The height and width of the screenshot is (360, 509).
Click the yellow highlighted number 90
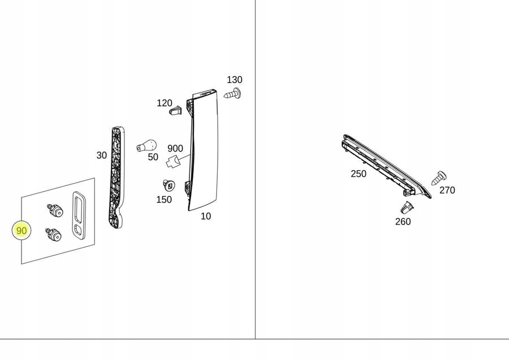(x=21, y=231)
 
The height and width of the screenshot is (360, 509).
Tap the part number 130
(x=234, y=80)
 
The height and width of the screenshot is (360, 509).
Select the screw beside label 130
(x=233, y=93)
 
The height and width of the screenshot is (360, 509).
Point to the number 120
(x=164, y=103)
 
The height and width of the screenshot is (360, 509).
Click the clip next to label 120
(x=176, y=110)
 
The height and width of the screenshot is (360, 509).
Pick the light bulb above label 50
(x=146, y=145)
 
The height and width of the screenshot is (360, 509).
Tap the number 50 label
(x=153, y=157)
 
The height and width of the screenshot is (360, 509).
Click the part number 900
(x=175, y=149)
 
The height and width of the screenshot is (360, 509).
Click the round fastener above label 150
(x=168, y=185)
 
